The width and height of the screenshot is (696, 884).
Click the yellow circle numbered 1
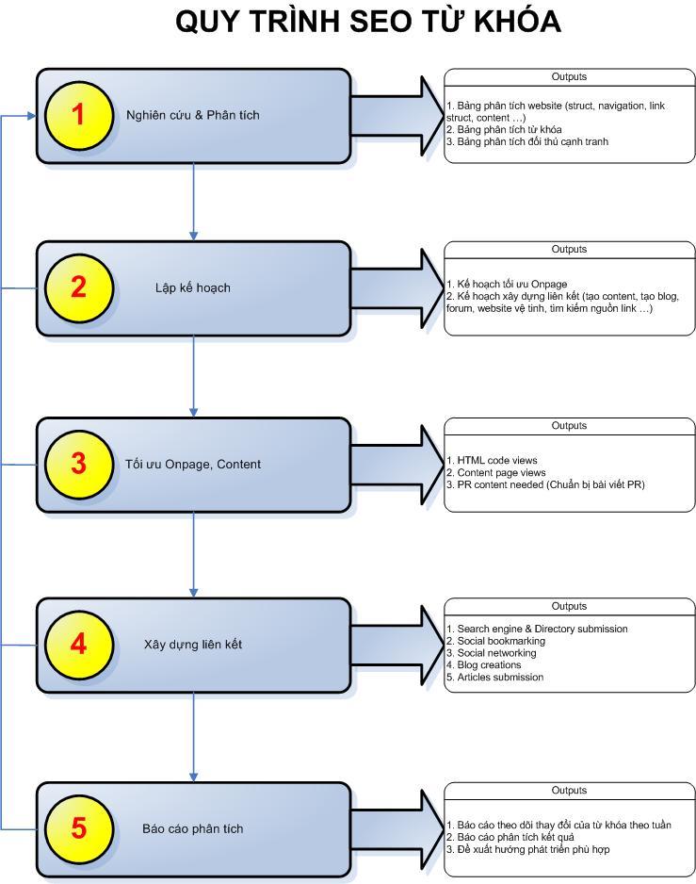(x=78, y=115)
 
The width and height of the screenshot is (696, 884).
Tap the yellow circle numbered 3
(x=78, y=464)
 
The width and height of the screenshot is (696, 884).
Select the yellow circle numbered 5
(x=78, y=828)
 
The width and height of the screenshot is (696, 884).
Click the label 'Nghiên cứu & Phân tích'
(x=193, y=116)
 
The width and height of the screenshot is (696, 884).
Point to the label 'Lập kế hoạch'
(x=193, y=288)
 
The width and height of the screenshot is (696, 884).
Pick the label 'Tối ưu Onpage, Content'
(x=193, y=465)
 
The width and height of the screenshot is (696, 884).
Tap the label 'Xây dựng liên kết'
(x=193, y=645)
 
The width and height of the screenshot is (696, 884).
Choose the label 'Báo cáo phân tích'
(x=193, y=828)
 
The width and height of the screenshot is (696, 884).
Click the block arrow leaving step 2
(x=397, y=288)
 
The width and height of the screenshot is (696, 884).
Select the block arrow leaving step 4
(x=397, y=645)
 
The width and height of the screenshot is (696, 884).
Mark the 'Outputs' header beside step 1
(x=569, y=76)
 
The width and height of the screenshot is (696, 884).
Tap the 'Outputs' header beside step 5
(x=569, y=791)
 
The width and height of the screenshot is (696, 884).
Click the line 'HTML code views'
(x=492, y=461)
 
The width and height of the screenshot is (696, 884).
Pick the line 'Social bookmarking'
(x=496, y=641)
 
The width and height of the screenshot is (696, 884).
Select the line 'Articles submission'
(x=494, y=677)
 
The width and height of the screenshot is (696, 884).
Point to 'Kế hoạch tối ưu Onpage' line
(x=507, y=285)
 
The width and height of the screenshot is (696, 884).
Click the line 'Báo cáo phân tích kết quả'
(x=510, y=837)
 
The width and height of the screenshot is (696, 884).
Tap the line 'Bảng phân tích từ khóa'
(x=504, y=130)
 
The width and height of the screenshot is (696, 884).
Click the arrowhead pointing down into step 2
(x=193, y=236)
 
